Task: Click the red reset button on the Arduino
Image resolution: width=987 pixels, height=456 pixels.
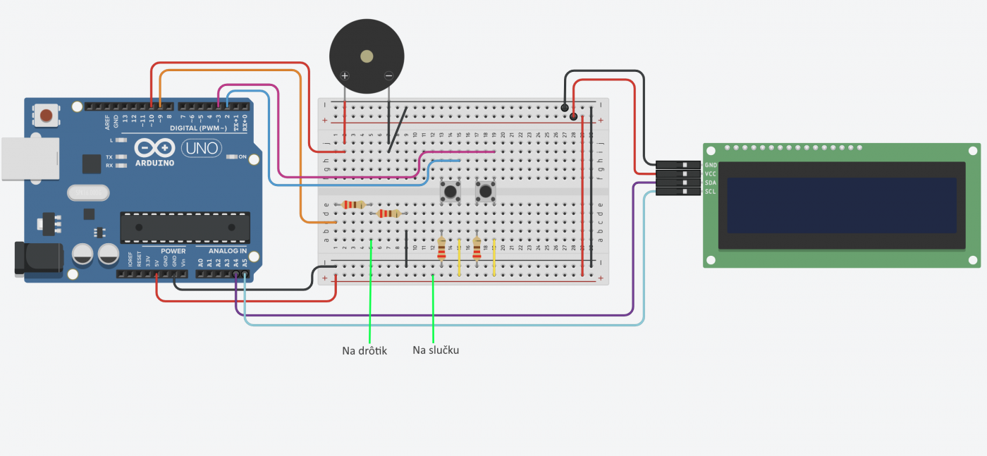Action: pyautogui.click(x=47, y=115)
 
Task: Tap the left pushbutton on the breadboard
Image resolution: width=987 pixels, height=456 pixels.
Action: pyautogui.click(x=449, y=191)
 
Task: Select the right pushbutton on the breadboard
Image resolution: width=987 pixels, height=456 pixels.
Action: pyautogui.click(x=485, y=191)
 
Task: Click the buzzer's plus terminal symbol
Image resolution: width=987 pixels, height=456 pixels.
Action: pyautogui.click(x=345, y=75)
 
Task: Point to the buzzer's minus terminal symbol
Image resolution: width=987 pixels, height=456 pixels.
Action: pyautogui.click(x=388, y=75)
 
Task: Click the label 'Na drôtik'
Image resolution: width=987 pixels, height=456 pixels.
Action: pyautogui.click(x=364, y=350)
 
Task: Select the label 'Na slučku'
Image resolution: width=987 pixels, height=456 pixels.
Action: pyautogui.click(x=436, y=350)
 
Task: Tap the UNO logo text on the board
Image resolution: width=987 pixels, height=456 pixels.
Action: pyautogui.click(x=201, y=149)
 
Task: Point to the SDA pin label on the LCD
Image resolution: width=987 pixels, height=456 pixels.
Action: pyautogui.click(x=711, y=183)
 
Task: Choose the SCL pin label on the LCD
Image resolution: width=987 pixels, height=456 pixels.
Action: pyautogui.click(x=711, y=192)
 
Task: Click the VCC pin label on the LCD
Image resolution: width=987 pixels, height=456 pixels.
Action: pyautogui.click(x=711, y=173)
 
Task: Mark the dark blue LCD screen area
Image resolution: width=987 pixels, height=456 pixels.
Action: pyautogui.click(x=842, y=205)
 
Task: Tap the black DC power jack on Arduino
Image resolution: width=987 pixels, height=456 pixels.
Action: pyautogui.click(x=39, y=259)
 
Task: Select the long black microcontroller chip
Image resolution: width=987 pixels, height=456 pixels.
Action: pyautogui.click(x=185, y=227)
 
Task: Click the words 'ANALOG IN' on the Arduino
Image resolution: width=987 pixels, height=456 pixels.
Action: pyautogui.click(x=227, y=251)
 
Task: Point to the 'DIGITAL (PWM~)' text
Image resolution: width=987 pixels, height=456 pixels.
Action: pyautogui.click(x=198, y=128)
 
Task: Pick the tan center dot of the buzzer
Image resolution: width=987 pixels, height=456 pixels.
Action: pyautogui.click(x=367, y=56)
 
